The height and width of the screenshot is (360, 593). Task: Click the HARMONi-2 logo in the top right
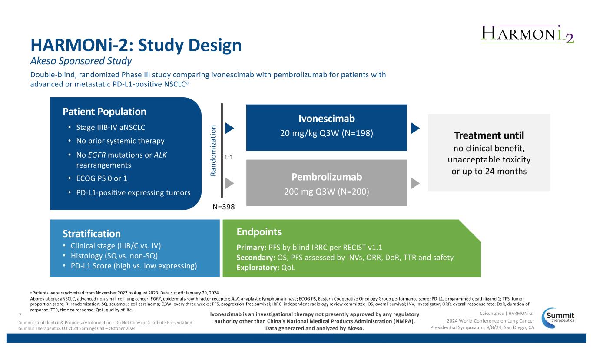point(527,33)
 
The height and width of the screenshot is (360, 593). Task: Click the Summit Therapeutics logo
point(560,316)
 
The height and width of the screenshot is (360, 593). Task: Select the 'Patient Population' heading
point(105,112)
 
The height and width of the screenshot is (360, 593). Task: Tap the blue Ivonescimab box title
point(326,119)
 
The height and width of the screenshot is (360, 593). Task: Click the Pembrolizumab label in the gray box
point(326,177)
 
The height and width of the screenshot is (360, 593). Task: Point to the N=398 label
point(224,207)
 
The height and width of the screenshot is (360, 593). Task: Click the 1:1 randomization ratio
point(229,159)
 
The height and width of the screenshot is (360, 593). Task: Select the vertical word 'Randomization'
point(213,150)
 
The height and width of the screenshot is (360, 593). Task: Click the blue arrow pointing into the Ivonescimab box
point(230,128)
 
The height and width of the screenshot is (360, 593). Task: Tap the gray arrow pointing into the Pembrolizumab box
point(230,183)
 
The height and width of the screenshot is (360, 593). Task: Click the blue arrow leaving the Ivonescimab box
point(415,128)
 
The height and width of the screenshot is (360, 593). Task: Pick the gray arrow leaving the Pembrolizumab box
point(415,183)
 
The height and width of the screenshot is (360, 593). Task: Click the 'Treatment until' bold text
point(489,136)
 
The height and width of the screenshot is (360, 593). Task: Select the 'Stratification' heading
point(91,234)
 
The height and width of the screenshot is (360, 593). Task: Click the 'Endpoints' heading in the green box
point(259,231)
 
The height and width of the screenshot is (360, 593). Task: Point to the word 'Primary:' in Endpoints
point(251,248)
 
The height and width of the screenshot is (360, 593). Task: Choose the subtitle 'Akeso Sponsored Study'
point(81,60)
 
